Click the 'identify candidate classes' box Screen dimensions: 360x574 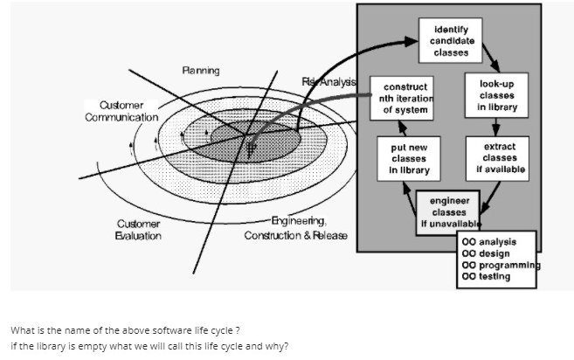pos(453,41)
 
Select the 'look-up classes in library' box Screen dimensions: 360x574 pos(496,96)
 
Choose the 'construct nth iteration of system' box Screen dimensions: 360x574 pos(405,99)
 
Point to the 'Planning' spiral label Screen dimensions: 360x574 pos(201,70)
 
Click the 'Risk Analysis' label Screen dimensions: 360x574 pos(328,81)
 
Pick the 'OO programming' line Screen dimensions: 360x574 pos(501,265)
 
